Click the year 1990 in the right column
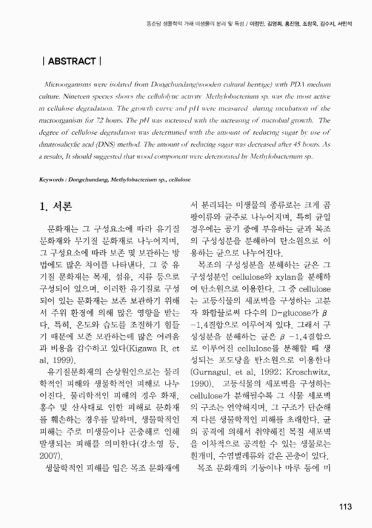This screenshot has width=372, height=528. [202, 396]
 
